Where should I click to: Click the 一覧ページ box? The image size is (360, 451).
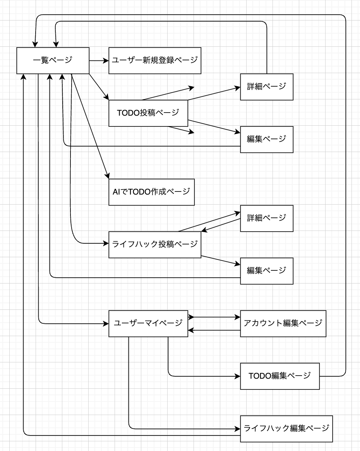53,60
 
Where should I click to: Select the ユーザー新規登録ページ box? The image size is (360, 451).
155,60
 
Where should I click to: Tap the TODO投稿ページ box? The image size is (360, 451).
148,113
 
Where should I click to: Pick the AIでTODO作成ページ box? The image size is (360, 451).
151,192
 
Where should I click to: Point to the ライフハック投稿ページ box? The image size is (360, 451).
155,244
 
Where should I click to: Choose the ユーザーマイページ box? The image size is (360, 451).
148,323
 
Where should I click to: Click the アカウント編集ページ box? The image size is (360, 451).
283,323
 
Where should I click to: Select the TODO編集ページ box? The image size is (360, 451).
280,376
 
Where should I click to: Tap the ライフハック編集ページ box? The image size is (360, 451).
286,429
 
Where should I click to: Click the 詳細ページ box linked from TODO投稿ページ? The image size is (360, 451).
267,87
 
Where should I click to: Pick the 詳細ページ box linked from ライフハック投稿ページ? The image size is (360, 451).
267,218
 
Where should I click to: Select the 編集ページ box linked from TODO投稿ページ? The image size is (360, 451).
267,139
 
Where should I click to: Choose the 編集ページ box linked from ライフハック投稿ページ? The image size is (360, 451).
267,271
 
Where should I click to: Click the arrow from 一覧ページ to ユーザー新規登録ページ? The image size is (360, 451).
99,60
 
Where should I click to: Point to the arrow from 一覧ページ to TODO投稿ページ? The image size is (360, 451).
99,87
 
